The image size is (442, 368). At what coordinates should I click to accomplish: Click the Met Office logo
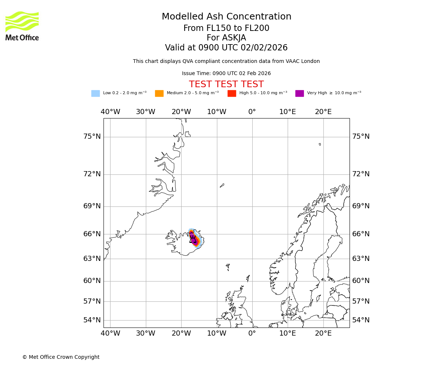(22, 26)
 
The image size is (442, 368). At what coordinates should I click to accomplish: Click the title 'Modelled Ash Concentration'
(226, 17)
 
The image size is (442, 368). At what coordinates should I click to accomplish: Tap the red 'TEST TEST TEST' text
(226, 85)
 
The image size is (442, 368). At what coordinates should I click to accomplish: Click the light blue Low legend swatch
(95, 93)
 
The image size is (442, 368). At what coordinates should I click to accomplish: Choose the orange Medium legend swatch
(159, 93)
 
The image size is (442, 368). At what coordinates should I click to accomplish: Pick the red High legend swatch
(232, 93)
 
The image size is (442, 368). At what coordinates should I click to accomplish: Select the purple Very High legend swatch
(299, 93)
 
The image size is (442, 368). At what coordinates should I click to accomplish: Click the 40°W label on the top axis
(110, 112)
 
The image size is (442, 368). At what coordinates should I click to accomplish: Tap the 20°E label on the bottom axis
(323, 333)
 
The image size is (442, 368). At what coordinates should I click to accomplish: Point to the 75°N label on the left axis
(92, 137)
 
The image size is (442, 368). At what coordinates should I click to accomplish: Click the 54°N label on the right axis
(361, 320)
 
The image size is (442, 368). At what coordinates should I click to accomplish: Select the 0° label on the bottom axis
(252, 333)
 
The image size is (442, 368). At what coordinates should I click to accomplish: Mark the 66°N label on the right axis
(361, 234)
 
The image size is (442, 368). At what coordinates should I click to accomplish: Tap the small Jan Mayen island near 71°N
(222, 185)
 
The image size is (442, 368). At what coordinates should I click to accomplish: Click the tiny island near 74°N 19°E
(320, 144)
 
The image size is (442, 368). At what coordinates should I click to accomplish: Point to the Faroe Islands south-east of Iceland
(228, 267)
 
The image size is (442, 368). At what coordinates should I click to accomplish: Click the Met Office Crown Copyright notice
(61, 357)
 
